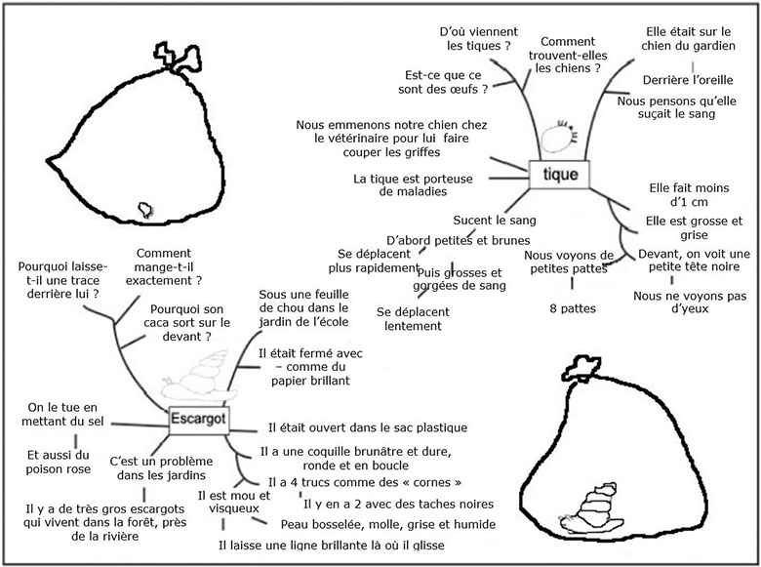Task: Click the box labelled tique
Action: pos(559,176)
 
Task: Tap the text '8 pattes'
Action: pos(573,308)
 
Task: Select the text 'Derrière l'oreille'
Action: pos(682,79)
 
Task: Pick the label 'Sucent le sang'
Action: pos(495,221)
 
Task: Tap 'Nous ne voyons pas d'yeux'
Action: pos(677,302)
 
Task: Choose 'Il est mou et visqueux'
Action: pos(227,501)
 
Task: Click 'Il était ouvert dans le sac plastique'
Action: pos(368,427)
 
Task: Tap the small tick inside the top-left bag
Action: pos(146,208)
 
